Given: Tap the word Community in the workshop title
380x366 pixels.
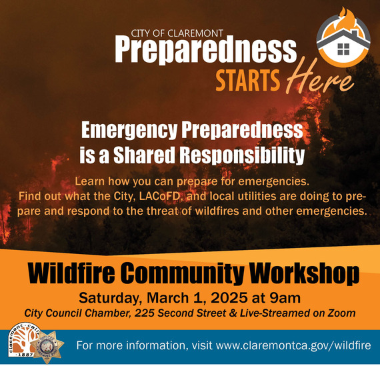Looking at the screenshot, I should coord(189,274).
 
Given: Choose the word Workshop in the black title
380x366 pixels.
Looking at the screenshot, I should coord(302,274).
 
